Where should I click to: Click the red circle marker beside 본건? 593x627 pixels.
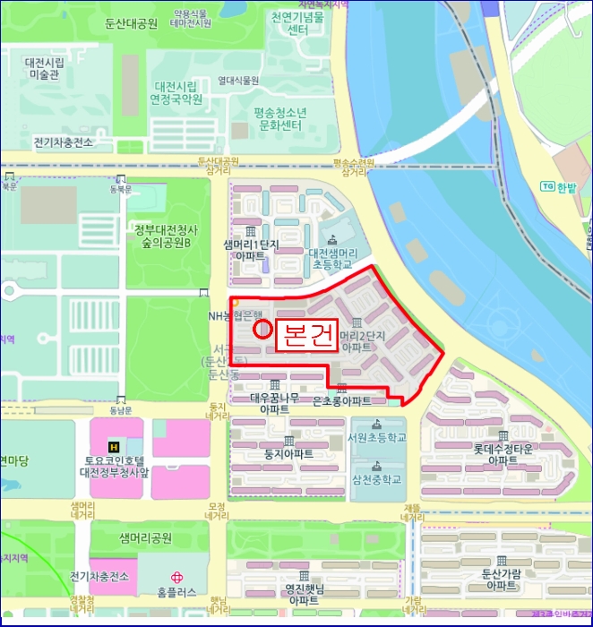pos(263,328)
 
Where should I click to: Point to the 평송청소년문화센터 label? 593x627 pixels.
pos(279,118)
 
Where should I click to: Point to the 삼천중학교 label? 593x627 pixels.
pos(376,479)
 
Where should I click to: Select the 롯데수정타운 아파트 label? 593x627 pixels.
pos(503,454)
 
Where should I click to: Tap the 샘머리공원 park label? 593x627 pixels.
pos(145,537)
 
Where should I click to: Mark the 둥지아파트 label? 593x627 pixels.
pos(289,454)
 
